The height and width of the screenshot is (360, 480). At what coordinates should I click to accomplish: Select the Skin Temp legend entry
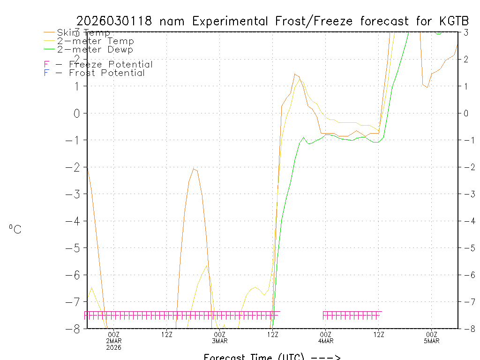click(x=83, y=33)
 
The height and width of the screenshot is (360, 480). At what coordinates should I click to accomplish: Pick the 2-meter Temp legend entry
click(x=95, y=41)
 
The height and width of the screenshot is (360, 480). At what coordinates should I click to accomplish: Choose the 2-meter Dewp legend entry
click(x=95, y=50)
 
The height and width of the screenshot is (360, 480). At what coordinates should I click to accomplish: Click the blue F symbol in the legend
click(x=46, y=73)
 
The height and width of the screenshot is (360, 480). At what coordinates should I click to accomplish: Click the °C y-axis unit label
click(x=15, y=230)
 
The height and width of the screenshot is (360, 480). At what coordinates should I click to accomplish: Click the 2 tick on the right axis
click(x=467, y=59)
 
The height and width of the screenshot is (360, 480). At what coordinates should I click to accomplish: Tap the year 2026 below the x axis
click(x=114, y=347)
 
